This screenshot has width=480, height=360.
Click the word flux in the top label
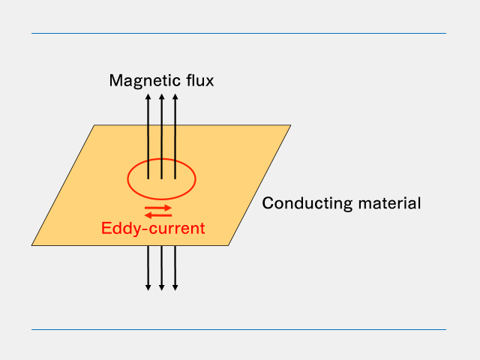click(x=199, y=80)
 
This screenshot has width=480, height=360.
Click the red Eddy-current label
click(x=153, y=228)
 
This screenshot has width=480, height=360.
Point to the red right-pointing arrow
click(x=158, y=208)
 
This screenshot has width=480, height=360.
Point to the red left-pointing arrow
click(x=158, y=215)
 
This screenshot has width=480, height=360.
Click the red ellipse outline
click(x=127, y=179)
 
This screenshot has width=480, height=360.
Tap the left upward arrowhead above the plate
click(x=148, y=97)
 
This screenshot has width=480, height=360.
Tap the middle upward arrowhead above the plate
click(x=161, y=97)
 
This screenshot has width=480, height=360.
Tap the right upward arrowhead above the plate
click(x=175, y=97)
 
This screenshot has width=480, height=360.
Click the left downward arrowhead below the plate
click(x=148, y=287)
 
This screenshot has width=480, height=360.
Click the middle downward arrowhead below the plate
click(x=161, y=287)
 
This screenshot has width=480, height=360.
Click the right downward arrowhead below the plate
click(x=175, y=287)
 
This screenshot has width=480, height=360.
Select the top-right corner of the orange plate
click(x=289, y=125)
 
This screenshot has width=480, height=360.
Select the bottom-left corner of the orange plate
click(x=32, y=245)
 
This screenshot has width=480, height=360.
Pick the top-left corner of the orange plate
click(x=94, y=125)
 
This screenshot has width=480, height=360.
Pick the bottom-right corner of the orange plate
click(x=227, y=245)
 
